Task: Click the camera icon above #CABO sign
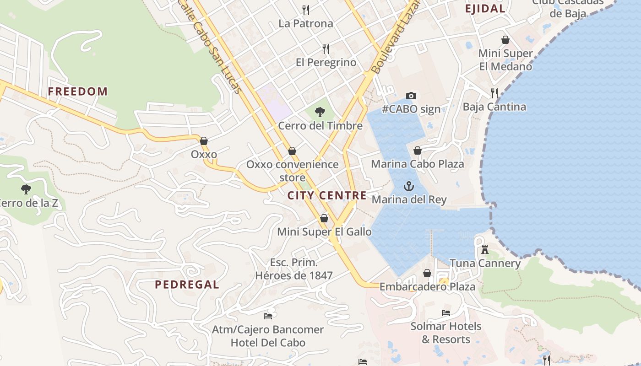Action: pyautogui.click(x=411, y=96)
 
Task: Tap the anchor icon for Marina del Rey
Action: pyautogui.click(x=408, y=186)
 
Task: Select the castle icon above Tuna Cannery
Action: pyautogui.click(x=485, y=250)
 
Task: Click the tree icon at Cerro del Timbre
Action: pyautogui.click(x=320, y=112)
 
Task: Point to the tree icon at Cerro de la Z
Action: pyautogui.click(x=26, y=189)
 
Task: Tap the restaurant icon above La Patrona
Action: pyautogui.click(x=306, y=10)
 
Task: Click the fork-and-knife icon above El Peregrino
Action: pyautogui.click(x=326, y=48)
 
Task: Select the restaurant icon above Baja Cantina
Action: pyautogui.click(x=494, y=93)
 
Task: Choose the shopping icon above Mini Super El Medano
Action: pyautogui.click(x=505, y=40)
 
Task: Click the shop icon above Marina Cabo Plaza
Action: pyautogui.click(x=418, y=151)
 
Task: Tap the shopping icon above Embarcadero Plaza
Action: pyautogui.click(x=427, y=273)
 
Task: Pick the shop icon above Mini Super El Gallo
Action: pyautogui.click(x=324, y=218)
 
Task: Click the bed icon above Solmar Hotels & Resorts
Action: pyautogui.click(x=446, y=313)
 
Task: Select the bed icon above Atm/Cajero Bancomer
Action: pyautogui.click(x=268, y=316)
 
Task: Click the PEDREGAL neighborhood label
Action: pyautogui.click(x=187, y=285)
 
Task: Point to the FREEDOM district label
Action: pyautogui.click(x=78, y=91)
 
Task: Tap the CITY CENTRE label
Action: pyautogui.click(x=327, y=196)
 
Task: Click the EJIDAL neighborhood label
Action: pyautogui.click(x=485, y=9)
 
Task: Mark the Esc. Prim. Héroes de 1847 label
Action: pyautogui.click(x=294, y=269)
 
